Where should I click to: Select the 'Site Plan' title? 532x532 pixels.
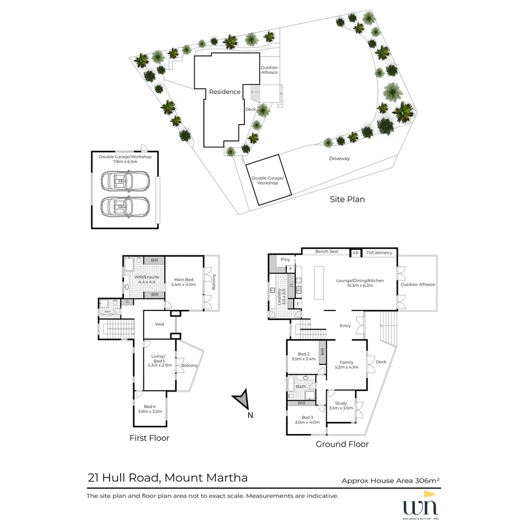347,199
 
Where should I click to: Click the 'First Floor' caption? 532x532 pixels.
149,438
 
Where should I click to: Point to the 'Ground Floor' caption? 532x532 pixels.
342,444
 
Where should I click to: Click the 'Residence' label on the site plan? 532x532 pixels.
225,92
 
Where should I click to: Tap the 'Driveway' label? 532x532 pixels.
339,159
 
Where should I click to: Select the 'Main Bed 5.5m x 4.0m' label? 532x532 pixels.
182,282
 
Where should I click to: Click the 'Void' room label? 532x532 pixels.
159,324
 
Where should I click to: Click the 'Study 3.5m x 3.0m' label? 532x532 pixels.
341,405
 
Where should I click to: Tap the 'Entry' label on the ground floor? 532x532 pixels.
345,326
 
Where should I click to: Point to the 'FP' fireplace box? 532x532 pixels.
356,253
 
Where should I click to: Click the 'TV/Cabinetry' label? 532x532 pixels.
379,253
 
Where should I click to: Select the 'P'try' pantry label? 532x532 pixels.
285,260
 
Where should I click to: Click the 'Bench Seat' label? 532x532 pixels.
327,252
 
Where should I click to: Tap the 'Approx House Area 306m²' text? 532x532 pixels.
391,481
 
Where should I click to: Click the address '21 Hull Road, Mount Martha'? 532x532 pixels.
167,477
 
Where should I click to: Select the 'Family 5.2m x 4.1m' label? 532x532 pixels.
346,365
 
